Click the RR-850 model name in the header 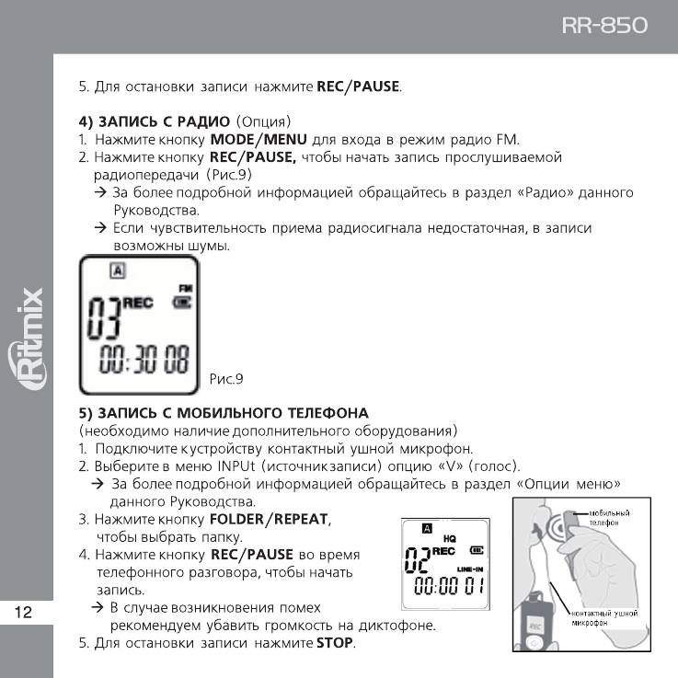(603, 27)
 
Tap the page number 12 (24, 613)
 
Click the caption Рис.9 (226, 377)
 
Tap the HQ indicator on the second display (449, 537)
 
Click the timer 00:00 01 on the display (448, 586)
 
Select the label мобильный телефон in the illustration (608, 517)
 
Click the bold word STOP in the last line (335, 642)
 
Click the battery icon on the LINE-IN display (476, 550)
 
